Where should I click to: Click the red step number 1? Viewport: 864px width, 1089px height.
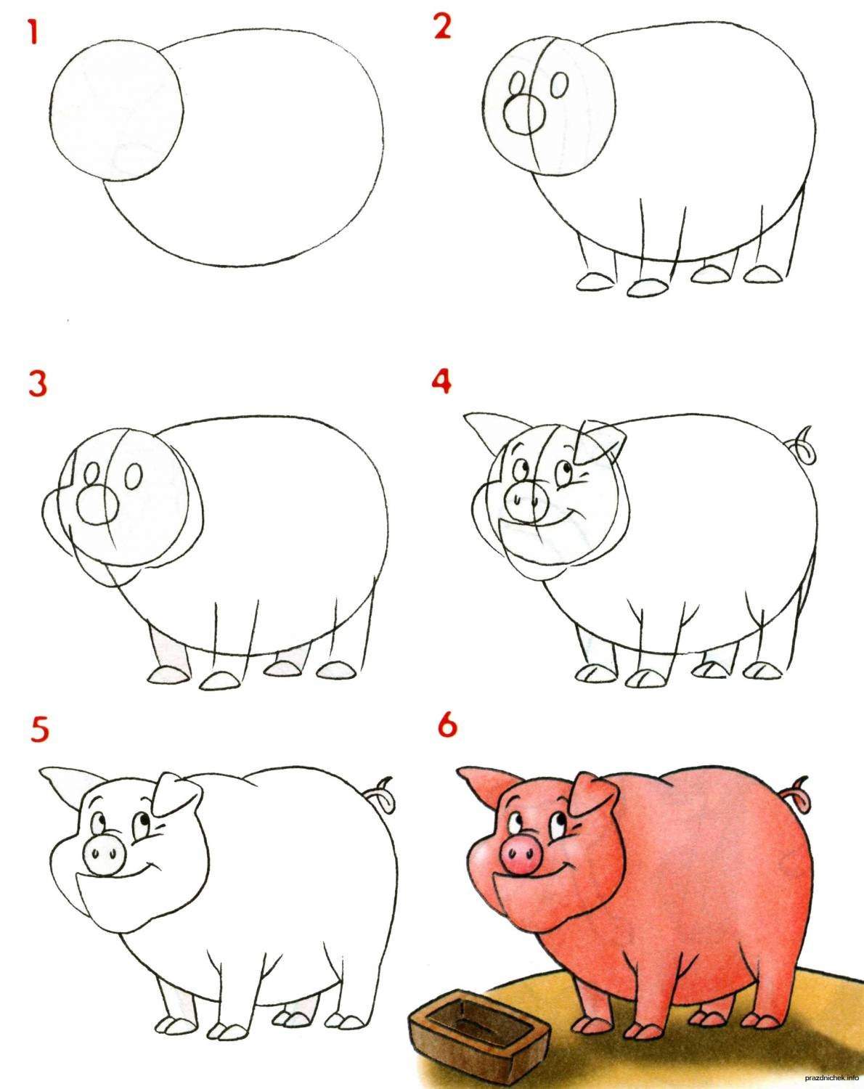coord(33,33)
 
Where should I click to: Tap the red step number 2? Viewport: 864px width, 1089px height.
coord(442,27)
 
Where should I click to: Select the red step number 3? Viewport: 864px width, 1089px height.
coord(38,384)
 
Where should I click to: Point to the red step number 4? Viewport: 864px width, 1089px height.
coord(441,380)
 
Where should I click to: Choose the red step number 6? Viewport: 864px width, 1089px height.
coord(447,725)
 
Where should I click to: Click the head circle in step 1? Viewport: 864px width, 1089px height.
coord(117,110)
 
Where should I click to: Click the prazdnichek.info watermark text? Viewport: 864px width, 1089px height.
coord(830,1081)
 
